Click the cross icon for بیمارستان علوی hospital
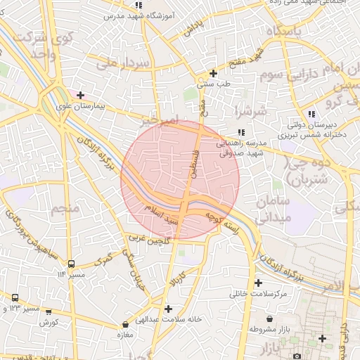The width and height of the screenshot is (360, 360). (81, 95)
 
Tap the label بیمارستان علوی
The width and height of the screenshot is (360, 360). (80, 108)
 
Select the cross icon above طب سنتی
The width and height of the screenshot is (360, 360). (213, 73)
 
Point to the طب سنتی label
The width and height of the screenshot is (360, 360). (213, 84)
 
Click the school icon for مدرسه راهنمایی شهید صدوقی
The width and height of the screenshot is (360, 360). (241, 132)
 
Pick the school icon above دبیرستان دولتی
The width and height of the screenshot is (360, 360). (311, 114)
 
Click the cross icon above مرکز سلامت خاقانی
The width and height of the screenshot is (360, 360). (258, 283)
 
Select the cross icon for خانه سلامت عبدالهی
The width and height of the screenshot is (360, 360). (167, 308)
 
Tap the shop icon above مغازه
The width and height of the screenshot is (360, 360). (125, 325)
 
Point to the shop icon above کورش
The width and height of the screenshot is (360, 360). (49, 311)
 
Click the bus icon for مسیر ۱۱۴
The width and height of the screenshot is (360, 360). (71, 264)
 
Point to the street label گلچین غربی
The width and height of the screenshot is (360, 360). (149, 240)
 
